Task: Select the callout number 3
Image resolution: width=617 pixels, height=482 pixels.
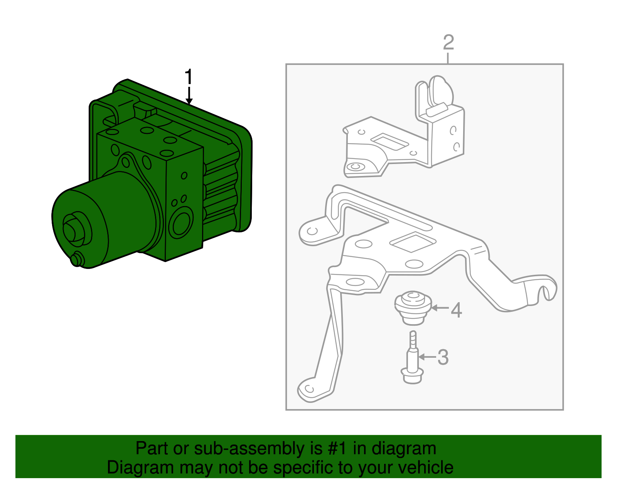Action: click(x=443, y=357)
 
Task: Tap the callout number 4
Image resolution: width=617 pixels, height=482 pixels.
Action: click(x=456, y=310)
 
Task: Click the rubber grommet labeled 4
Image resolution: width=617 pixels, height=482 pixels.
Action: click(x=413, y=307)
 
